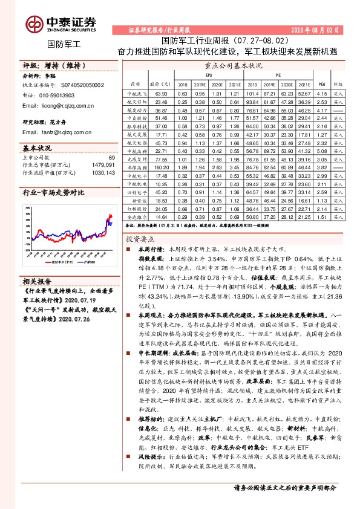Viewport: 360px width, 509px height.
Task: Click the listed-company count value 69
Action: (x=111, y=157)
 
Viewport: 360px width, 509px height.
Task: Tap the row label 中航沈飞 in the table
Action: (x=136, y=93)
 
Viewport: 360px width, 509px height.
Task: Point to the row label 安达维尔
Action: (x=136, y=216)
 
